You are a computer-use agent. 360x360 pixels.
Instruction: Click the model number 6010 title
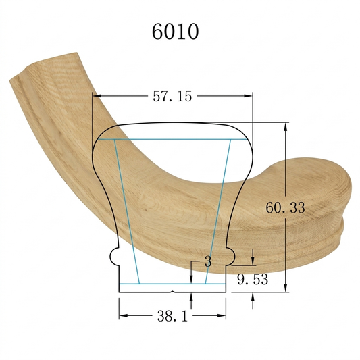coord(175,32)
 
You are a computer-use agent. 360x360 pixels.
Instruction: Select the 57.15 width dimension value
coord(172,96)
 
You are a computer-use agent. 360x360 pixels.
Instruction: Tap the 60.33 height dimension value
coord(286,207)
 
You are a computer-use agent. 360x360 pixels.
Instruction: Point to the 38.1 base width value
coord(172,316)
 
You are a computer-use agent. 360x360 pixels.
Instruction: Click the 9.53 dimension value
coord(253,280)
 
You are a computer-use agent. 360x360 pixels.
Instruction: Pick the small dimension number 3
coord(208,261)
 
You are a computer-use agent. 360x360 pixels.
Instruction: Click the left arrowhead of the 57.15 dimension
coord(97,96)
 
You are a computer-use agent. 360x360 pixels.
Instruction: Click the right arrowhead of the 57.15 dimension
coord(248,96)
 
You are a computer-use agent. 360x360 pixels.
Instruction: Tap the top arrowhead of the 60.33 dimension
coord(286,127)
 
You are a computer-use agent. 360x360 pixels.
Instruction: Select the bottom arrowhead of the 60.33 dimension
coord(286,288)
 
